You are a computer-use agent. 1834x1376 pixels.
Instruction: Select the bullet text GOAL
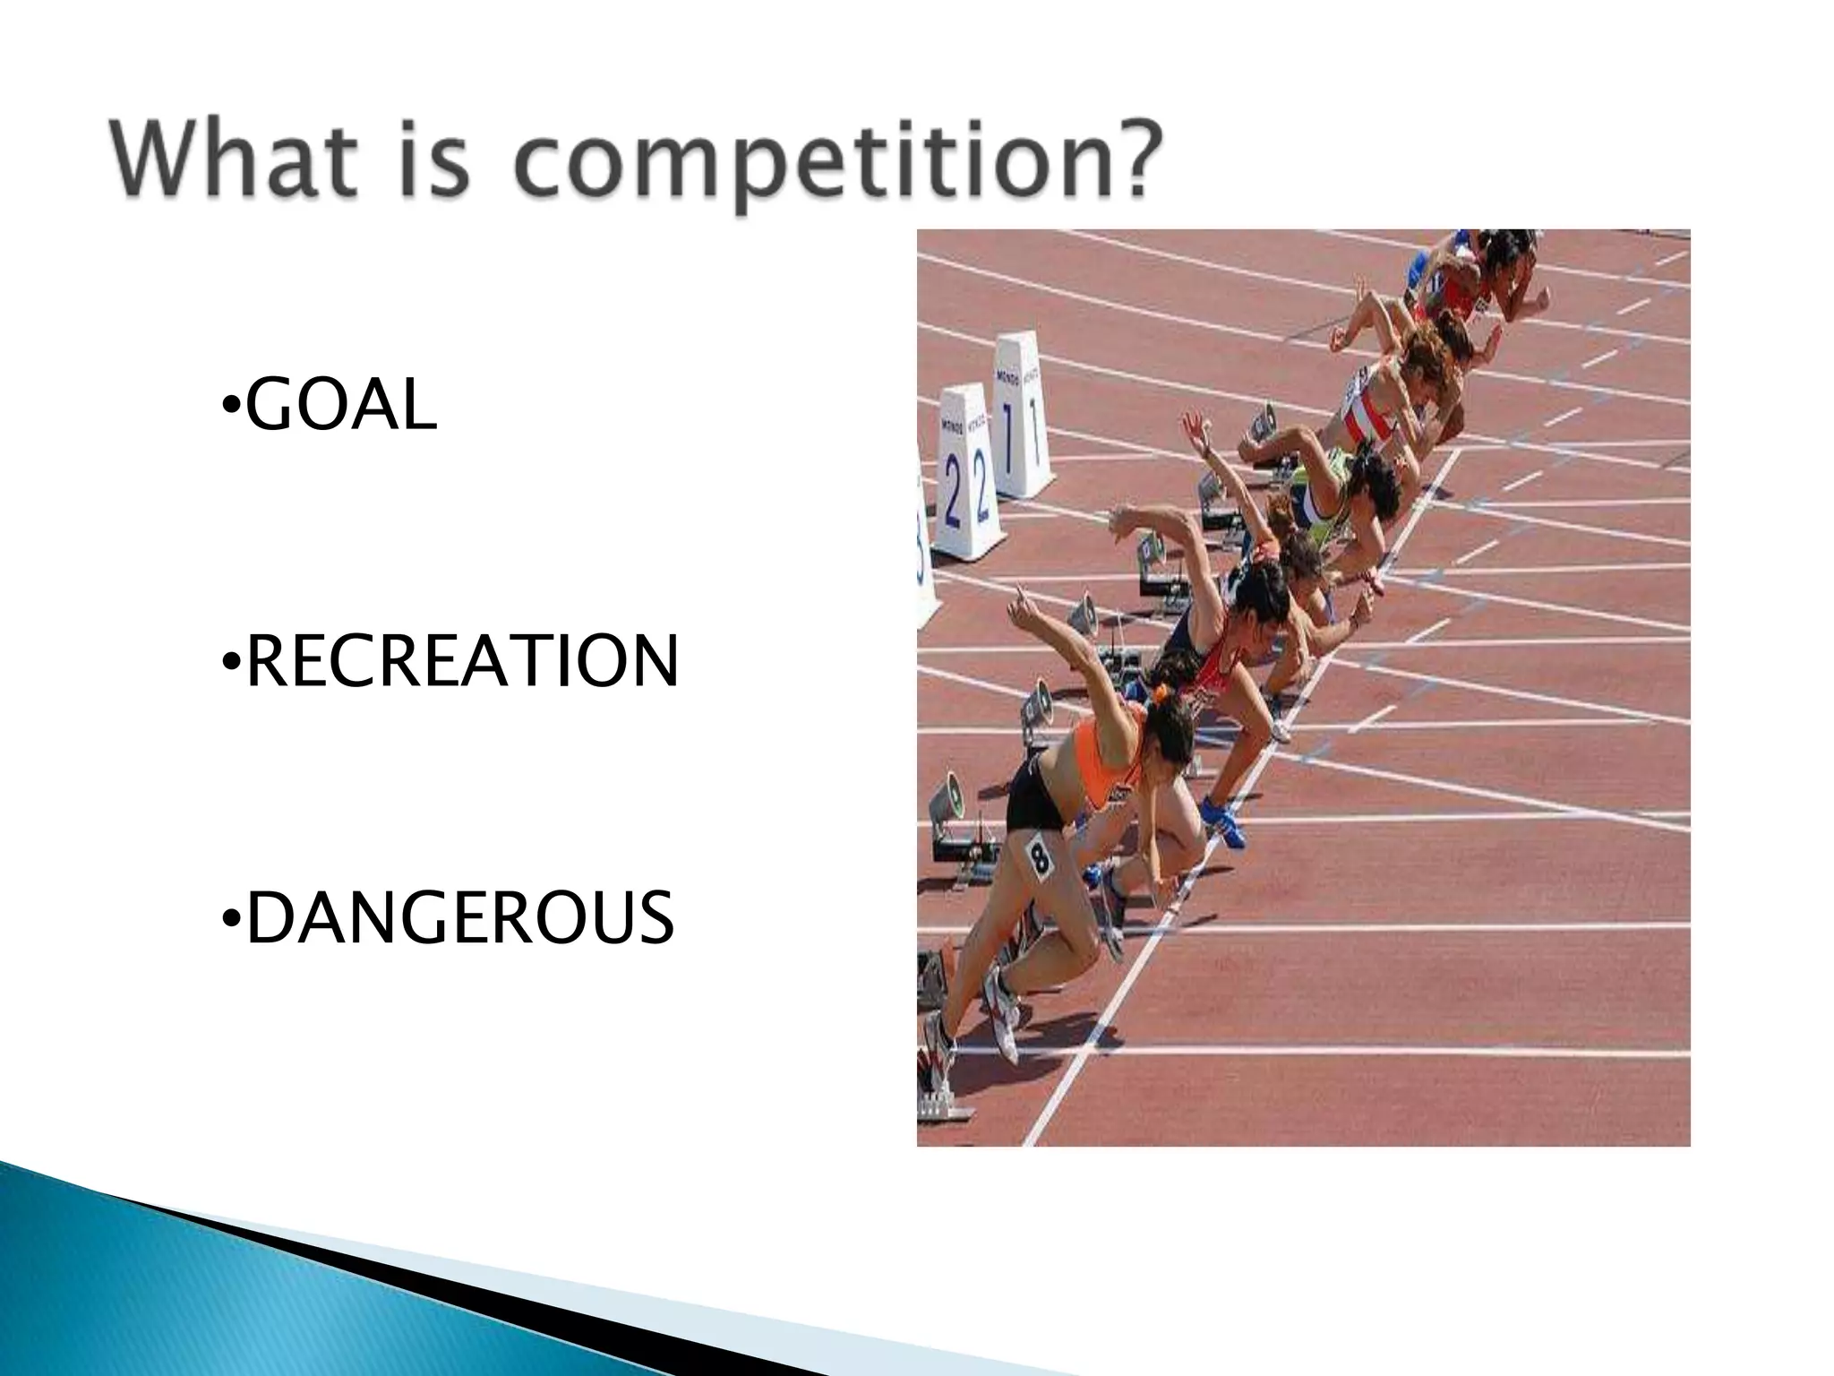[x=340, y=406]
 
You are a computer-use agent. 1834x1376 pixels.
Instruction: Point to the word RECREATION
[x=461, y=662]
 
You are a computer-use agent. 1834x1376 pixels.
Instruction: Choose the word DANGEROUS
[x=458, y=918]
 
